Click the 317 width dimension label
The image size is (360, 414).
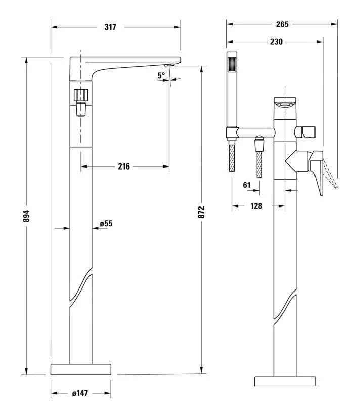pos(111,27)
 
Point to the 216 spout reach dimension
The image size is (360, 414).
pos(124,166)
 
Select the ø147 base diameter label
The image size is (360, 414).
pos(81,393)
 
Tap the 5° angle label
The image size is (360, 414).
pos(161,75)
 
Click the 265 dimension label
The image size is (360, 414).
pos(282,24)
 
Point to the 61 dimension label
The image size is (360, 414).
pos(247,185)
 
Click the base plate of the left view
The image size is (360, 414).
pos(81,368)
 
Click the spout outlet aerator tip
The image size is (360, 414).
pos(170,65)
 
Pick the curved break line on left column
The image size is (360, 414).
pos(81,287)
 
